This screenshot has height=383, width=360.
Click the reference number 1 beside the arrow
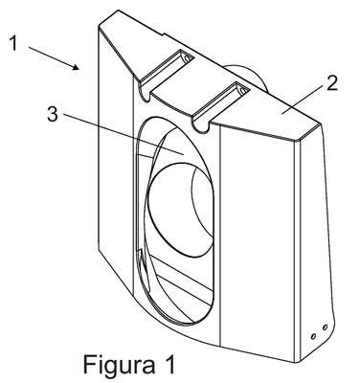tap(13, 43)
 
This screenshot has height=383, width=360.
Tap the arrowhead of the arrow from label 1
tap(76, 67)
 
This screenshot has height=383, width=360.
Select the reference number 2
tap(331, 83)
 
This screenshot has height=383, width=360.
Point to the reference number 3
tap(53, 114)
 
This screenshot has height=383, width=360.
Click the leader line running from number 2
tap(304, 100)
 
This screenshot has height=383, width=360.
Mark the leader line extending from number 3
tap(123, 134)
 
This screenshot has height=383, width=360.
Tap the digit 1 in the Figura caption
tap(169, 364)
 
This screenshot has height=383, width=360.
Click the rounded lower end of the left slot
tap(146, 95)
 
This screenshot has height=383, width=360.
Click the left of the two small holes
tap(313, 336)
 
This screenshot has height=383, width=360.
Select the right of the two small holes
tap(325, 327)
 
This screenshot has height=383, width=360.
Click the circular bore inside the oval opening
tap(181, 211)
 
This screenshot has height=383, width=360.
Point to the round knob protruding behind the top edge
tap(248, 77)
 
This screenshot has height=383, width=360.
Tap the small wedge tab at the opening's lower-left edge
tap(144, 265)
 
